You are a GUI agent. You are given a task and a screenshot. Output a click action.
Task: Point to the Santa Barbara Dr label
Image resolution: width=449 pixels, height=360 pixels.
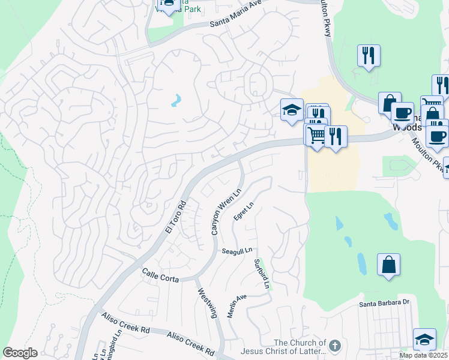(x=384, y=304)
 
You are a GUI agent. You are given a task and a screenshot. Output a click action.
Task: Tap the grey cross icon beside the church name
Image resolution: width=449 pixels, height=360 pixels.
(x=335, y=346)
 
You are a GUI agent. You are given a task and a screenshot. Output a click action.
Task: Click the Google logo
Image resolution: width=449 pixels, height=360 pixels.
(x=20, y=353)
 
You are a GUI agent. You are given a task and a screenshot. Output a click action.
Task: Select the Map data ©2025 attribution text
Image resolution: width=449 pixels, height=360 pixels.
(x=423, y=355)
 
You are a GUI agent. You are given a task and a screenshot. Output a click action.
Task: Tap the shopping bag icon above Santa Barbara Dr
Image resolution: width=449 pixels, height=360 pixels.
(x=388, y=264)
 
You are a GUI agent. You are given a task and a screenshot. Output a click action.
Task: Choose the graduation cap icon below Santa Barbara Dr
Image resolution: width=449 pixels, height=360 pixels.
(x=424, y=339)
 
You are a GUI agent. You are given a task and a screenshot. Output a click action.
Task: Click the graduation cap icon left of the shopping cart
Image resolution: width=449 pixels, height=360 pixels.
(x=292, y=110)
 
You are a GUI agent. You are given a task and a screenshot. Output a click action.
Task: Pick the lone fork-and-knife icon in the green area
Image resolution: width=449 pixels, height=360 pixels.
(x=367, y=56)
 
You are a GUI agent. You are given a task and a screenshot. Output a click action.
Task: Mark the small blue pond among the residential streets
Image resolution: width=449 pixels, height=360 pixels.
(x=176, y=100)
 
